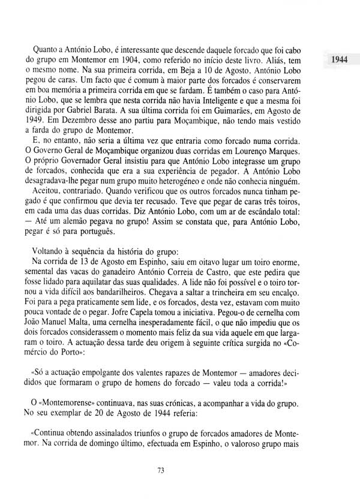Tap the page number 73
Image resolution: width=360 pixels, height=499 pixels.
click(160, 471)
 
